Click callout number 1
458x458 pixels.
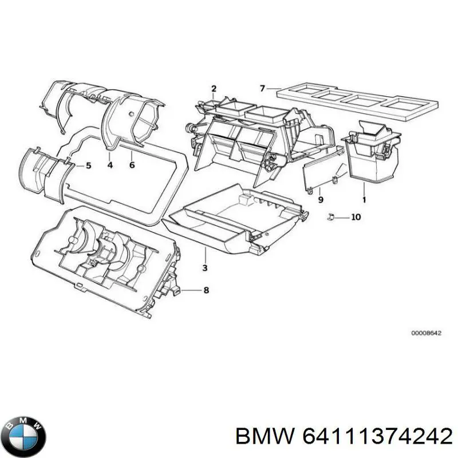(x=364, y=200)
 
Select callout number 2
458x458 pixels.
(x=214, y=89)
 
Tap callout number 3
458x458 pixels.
(x=205, y=268)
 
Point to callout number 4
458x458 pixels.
(x=110, y=165)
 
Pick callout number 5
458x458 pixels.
(x=88, y=166)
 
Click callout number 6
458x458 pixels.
(x=132, y=165)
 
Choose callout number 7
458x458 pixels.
(x=262, y=88)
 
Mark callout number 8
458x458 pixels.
(x=206, y=290)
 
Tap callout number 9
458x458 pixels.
(x=321, y=200)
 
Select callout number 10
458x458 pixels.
(x=356, y=217)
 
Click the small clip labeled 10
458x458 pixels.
(x=331, y=217)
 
